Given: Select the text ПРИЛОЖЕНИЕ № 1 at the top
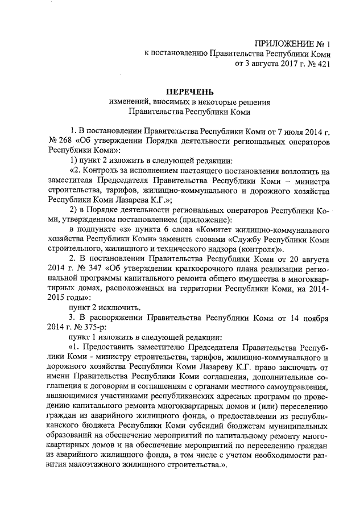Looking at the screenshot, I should coord(292,43).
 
